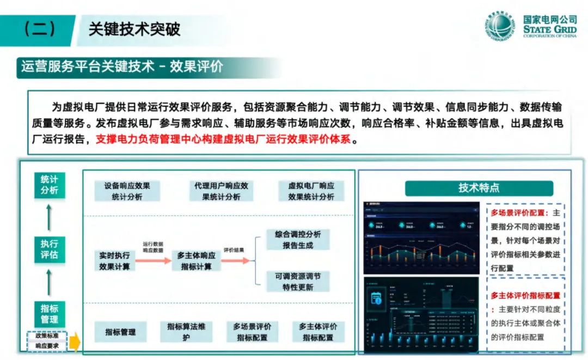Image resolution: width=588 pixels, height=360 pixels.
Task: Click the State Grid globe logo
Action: click(x=500, y=26)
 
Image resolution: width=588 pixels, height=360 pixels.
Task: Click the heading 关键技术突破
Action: click(x=134, y=29)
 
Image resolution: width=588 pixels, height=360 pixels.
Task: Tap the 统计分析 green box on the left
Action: click(x=49, y=185)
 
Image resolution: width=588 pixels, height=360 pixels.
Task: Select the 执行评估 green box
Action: click(x=49, y=249)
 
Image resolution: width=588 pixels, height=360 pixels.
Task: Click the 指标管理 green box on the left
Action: click(x=49, y=313)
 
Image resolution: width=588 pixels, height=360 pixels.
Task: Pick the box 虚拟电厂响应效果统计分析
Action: click(x=311, y=191)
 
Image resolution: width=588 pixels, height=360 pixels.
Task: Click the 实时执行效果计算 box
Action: click(x=114, y=261)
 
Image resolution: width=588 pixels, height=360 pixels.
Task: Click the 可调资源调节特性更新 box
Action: click(x=298, y=282)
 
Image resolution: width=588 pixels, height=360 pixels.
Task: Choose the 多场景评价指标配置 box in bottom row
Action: click(x=252, y=332)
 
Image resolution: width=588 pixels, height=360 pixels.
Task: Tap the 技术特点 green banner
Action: click(x=479, y=188)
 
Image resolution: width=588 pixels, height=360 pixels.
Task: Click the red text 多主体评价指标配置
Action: click(x=525, y=295)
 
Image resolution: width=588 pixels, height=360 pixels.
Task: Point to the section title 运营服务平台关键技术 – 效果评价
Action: click(x=122, y=66)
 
